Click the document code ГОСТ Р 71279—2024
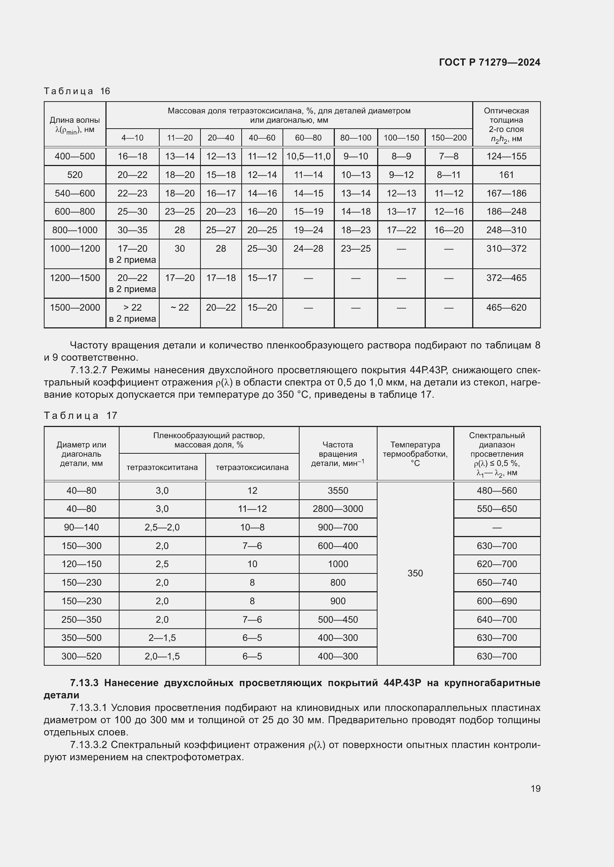(x=489, y=62)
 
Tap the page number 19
(x=535, y=788)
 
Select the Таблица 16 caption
(x=77, y=91)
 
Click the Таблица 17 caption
(x=81, y=416)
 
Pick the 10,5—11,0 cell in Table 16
(x=308, y=156)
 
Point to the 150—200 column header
(x=448, y=138)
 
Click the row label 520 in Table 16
(x=75, y=175)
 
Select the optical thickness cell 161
(x=506, y=175)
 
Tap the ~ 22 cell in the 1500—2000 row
(x=180, y=308)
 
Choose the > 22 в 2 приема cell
(x=132, y=313)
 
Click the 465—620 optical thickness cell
(x=506, y=308)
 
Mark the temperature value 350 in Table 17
(x=415, y=573)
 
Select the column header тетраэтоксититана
(x=162, y=467)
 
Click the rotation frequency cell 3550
(x=337, y=490)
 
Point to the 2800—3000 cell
(x=337, y=509)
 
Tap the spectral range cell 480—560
(x=496, y=490)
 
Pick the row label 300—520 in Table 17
(x=81, y=656)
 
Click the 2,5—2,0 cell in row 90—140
(x=162, y=527)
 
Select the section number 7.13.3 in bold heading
(x=84, y=683)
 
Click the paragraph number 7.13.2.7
(x=89, y=370)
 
